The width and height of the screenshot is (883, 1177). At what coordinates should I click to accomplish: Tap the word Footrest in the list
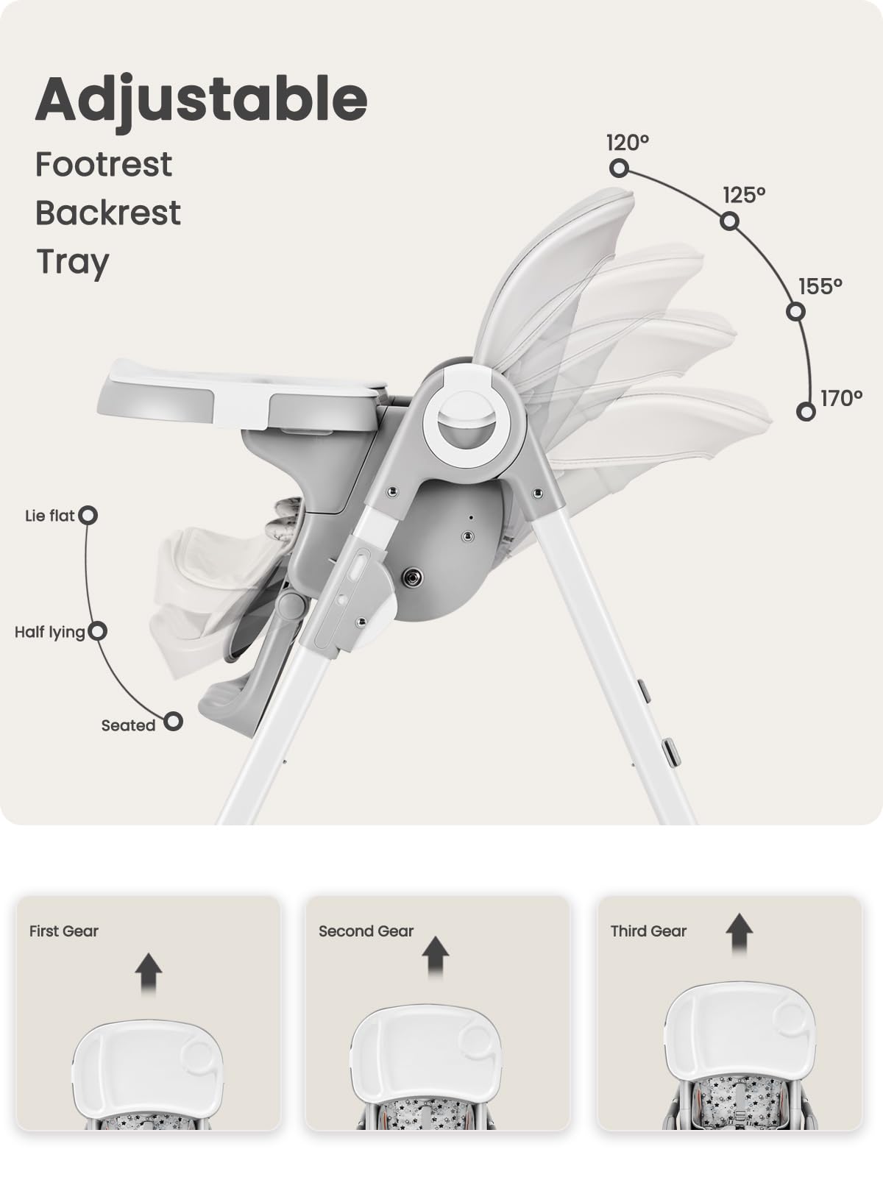click(104, 164)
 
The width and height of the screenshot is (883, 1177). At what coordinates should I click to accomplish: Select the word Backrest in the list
click(107, 213)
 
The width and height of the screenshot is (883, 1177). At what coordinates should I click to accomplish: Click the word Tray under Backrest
click(73, 262)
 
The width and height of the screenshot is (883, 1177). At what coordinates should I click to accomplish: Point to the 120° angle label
click(628, 142)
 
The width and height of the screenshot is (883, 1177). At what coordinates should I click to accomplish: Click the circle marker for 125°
click(729, 221)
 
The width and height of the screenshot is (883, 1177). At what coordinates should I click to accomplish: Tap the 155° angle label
click(820, 286)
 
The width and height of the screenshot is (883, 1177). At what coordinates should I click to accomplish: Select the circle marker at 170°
click(806, 411)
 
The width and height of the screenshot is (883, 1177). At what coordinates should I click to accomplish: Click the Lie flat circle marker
click(88, 515)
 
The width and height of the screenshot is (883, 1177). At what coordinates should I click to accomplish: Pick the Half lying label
click(49, 632)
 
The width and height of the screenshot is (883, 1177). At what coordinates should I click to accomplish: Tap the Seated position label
click(128, 725)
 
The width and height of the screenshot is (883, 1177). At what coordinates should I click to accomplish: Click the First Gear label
click(63, 931)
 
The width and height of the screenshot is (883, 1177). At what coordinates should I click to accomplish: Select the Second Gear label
click(366, 931)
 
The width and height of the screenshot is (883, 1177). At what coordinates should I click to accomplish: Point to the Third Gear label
click(648, 931)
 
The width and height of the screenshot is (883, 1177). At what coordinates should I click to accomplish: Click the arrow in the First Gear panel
click(149, 972)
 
